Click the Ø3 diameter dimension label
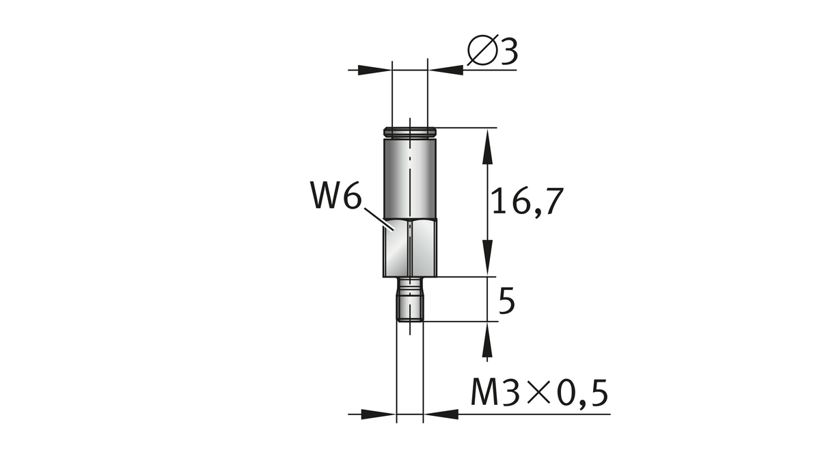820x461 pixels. (x=492, y=52)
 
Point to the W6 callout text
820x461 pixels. (x=334, y=196)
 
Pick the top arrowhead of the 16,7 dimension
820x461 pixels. (x=487, y=146)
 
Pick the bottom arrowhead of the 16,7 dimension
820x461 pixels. (x=487, y=259)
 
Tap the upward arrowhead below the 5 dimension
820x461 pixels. (x=487, y=340)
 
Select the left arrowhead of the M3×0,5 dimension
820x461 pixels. (x=379, y=414)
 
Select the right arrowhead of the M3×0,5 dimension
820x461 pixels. (x=441, y=414)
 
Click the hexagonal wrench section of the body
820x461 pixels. (x=409, y=249)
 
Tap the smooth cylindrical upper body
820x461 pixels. (x=409, y=178)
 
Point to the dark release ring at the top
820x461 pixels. (x=409, y=131)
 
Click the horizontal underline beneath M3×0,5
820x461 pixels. (x=533, y=414)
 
